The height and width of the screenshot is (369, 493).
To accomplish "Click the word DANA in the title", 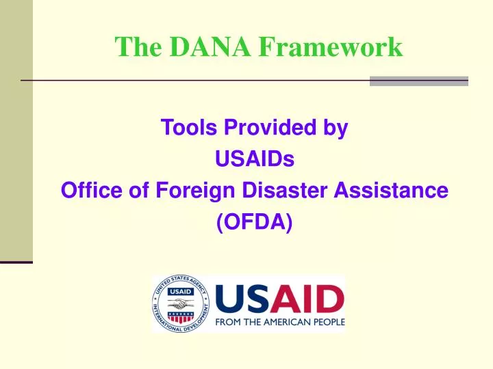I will point(205,46).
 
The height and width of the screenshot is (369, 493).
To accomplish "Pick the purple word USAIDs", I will point(254,159).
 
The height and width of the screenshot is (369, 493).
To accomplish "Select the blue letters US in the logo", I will point(240,299).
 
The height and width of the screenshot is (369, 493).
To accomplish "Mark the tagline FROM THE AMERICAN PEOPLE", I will point(281,323).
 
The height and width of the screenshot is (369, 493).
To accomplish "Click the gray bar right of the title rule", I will point(418,81).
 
